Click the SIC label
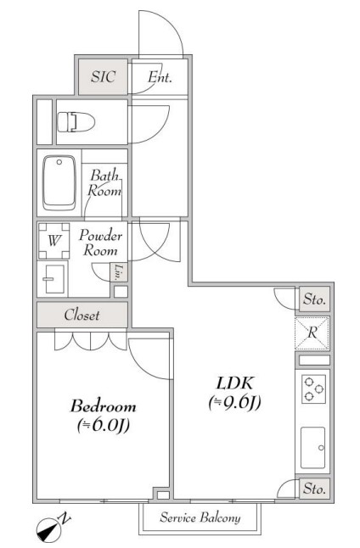tap(103, 76)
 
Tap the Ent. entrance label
tap(160, 77)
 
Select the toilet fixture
tap(76, 122)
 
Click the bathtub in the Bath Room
tap(59, 182)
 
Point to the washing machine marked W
tap(53, 240)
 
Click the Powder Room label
tap(100, 243)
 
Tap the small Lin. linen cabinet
tap(119, 272)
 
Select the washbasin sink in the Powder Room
tap(54, 279)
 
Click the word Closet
tap(82, 315)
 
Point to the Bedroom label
tap(104, 406)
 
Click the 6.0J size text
tap(104, 425)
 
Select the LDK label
tap(234, 383)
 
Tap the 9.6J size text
tap(234, 403)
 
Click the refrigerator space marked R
tap(312, 333)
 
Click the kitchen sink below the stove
tap(313, 447)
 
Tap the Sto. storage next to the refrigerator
tap(314, 299)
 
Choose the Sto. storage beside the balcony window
tap(314, 488)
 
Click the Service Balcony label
tap(200, 518)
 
